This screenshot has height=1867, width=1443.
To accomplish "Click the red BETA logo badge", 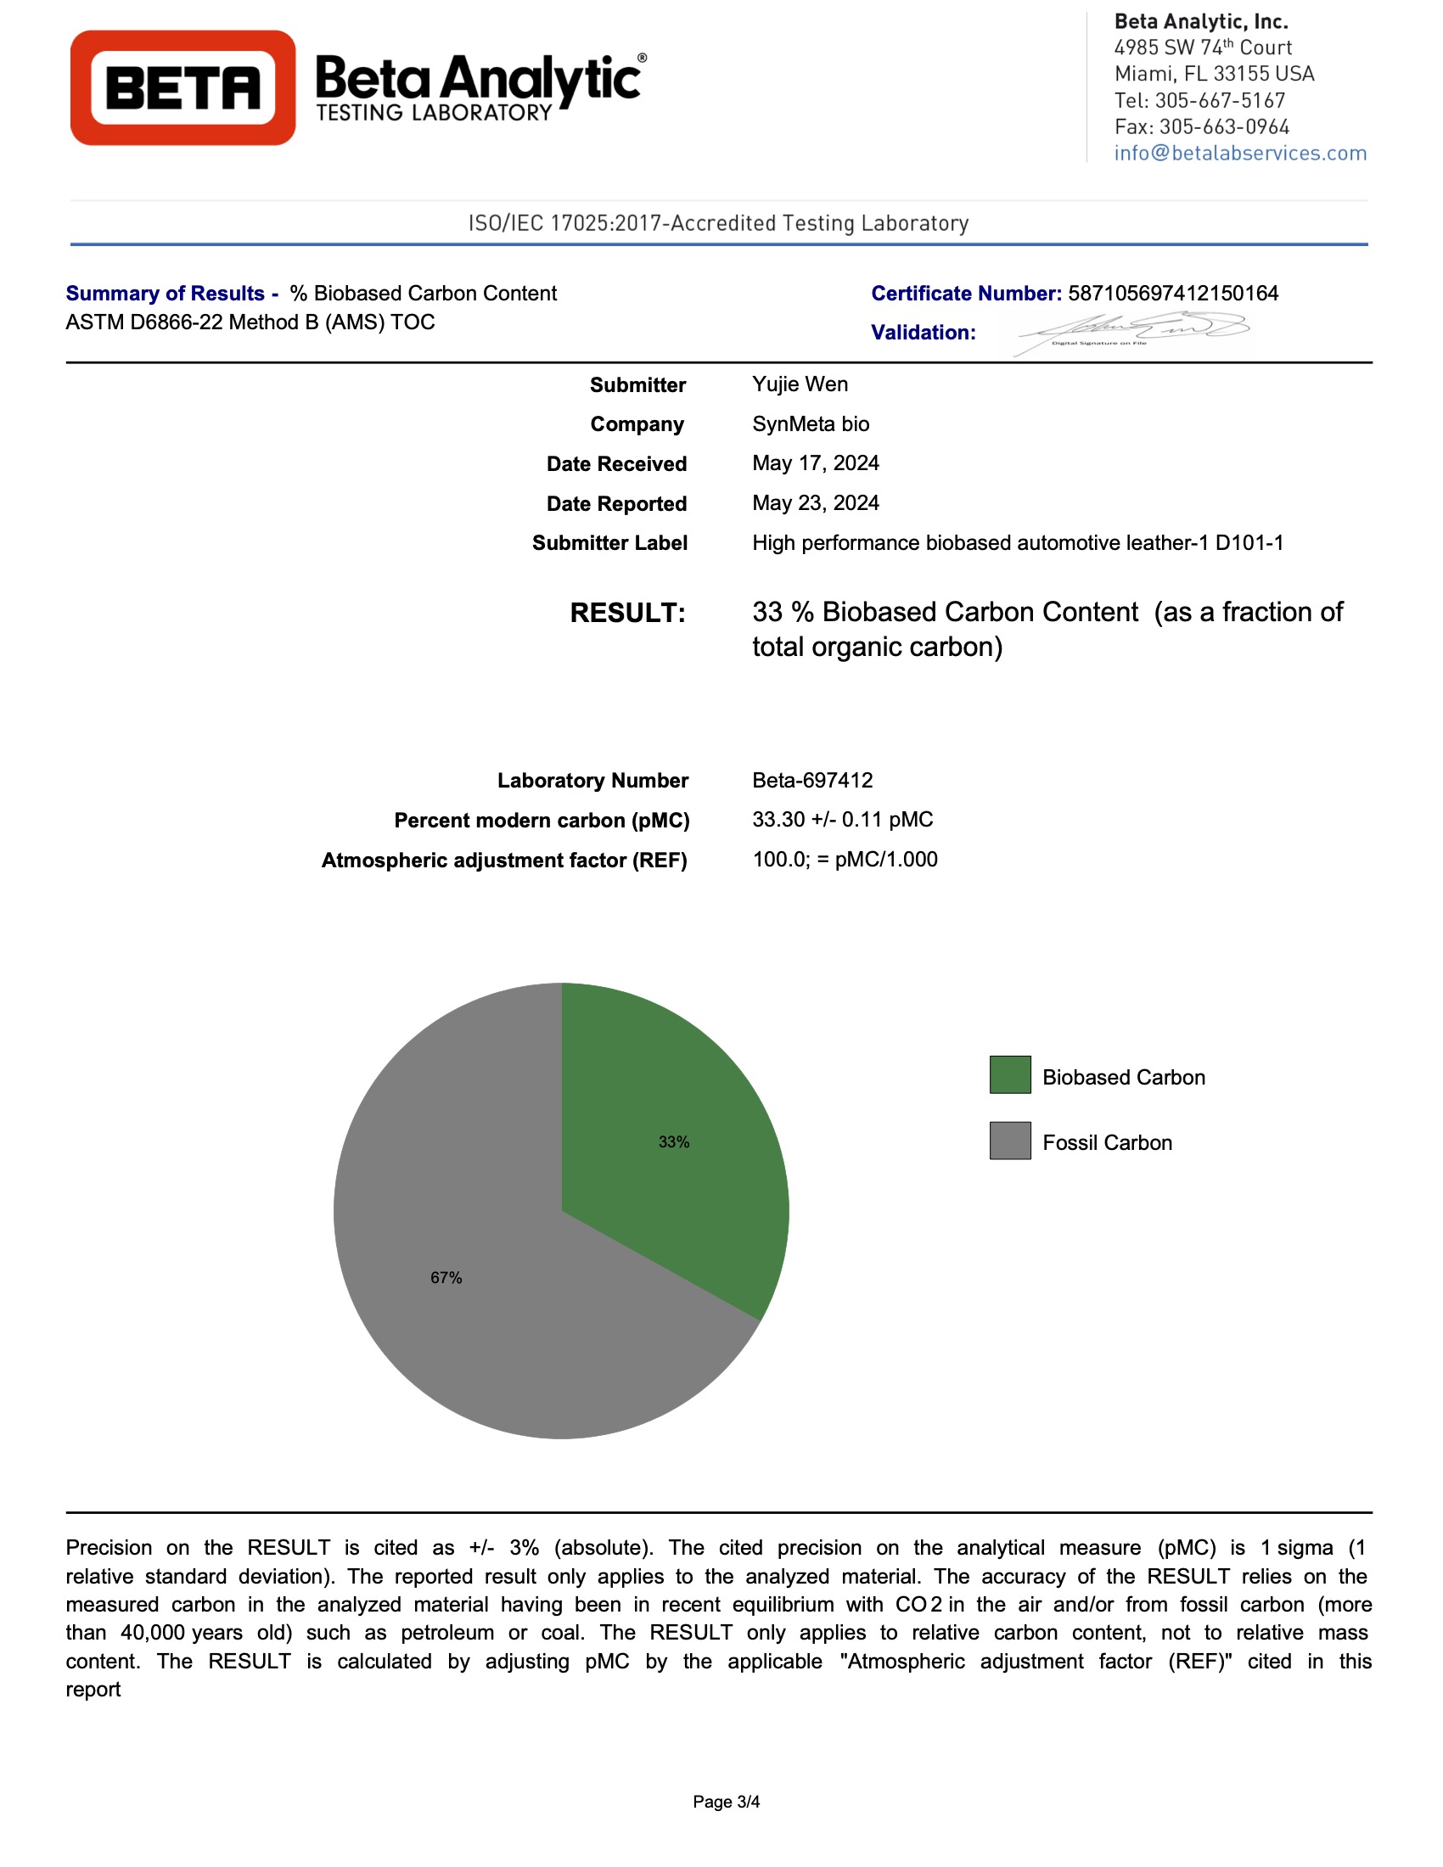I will click(x=182, y=88).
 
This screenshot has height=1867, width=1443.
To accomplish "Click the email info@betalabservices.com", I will click(x=1239, y=153).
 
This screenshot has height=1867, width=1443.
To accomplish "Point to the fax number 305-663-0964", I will click(x=1223, y=126).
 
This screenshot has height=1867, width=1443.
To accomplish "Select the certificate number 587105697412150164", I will click(x=1173, y=294).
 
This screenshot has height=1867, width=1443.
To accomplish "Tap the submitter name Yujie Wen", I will click(x=800, y=384).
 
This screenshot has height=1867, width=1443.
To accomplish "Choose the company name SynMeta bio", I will click(x=811, y=424).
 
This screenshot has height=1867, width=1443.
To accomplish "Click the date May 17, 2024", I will click(x=815, y=463).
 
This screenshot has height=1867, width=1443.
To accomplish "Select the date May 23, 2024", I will click(x=815, y=502).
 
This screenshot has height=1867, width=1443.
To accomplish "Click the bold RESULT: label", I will click(x=627, y=613).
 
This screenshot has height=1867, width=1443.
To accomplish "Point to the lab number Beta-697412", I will click(x=812, y=780).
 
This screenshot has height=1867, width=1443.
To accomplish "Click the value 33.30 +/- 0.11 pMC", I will click(x=842, y=819).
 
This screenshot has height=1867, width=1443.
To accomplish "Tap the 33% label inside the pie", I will click(x=674, y=1142).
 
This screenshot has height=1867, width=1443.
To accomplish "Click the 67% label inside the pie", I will click(x=446, y=1277).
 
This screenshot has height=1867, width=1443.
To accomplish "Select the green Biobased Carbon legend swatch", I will click(x=1009, y=1074).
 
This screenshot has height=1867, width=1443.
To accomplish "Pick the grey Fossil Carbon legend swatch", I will click(x=1009, y=1141).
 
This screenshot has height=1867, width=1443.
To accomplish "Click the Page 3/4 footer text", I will click(x=726, y=1801).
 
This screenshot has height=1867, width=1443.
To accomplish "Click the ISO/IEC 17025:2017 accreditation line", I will click(x=718, y=223).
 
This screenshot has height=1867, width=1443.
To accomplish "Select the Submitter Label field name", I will click(x=609, y=543).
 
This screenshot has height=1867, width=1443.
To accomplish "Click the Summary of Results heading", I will click(x=171, y=294).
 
